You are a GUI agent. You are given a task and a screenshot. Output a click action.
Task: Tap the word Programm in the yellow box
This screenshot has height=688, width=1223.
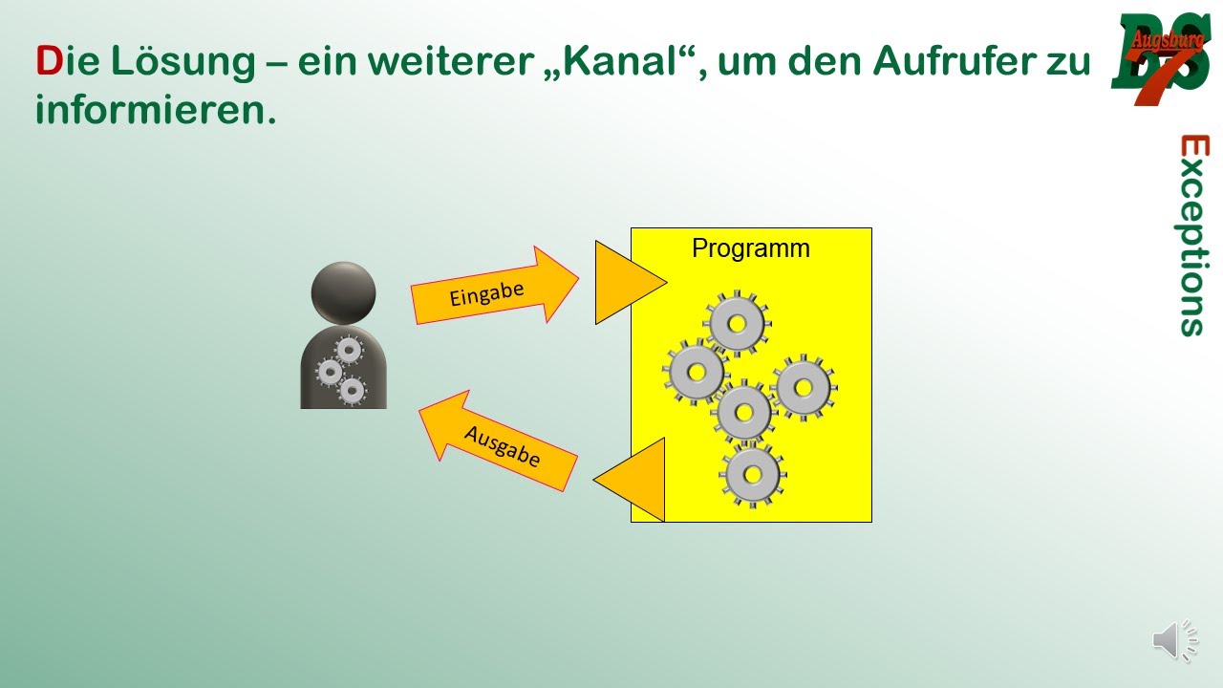pyautogui.click(x=750, y=248)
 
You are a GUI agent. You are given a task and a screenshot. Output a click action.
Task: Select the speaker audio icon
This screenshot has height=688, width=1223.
pyautogui.click(x=1174, y=640)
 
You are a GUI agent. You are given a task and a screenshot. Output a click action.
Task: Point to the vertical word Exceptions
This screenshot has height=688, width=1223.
pyautogui.click(x=1193, y=235)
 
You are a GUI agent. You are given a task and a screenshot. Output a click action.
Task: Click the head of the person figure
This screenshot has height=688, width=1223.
pyautogui.click(x=343, y=291)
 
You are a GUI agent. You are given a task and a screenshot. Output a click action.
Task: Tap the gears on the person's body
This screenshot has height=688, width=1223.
pyautogui.click(x=342, y=372)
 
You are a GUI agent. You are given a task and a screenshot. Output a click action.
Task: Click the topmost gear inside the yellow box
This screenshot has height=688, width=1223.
pyautogui.click(x=737, y=324)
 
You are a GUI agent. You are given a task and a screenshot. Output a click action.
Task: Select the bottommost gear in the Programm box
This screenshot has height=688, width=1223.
pyautogui.click(x=752, y=473)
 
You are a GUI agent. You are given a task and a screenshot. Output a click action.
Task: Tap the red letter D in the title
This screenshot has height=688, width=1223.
pyautogui.click(x=48, y=63)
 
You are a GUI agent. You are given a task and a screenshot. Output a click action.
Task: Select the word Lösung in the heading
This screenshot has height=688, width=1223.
pyautogui.click(x=181, y=63)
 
